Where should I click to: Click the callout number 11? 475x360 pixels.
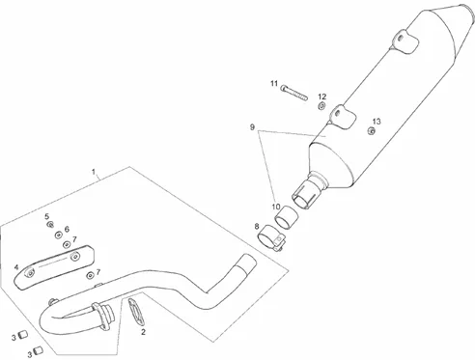(274, 84)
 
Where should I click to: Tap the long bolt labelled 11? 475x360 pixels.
(294, 92)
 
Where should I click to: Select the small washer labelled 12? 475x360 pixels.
(321, 105)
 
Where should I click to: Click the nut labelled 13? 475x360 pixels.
(371, 130)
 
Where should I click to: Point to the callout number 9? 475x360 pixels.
(252, 127)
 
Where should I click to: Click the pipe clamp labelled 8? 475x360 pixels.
(272, 238)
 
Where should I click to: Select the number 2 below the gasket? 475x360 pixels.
(143, 332)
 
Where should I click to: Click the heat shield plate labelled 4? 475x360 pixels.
(55, 266)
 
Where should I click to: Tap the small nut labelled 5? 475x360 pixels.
(50, 224)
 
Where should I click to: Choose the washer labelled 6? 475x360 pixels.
(58, 235)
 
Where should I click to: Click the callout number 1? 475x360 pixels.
(94, 171)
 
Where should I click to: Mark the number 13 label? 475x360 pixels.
(377, 122)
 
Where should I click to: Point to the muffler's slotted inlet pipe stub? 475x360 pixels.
(306, 194)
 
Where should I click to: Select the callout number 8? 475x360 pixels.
(257, 227)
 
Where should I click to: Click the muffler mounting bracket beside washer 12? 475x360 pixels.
(342, 117)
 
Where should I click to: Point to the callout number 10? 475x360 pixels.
(276, 207)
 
